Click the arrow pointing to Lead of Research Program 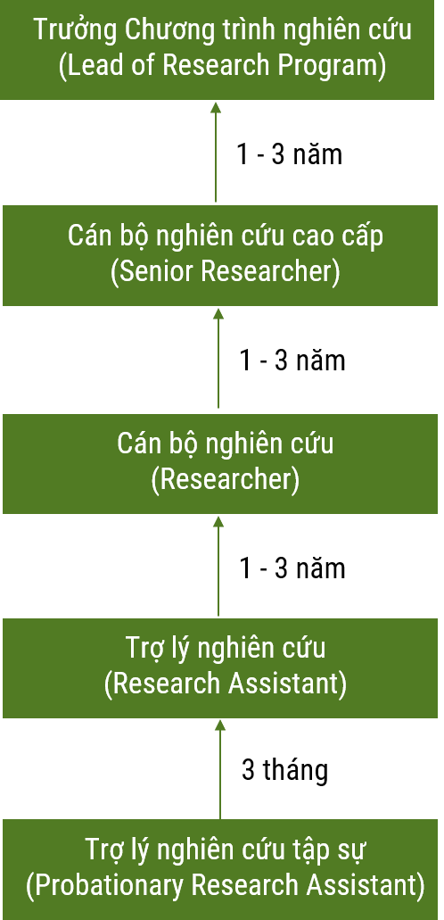[216, 152]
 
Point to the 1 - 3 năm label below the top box [290, 155]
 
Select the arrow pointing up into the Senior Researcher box [218, 358]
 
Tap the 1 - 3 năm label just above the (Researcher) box [292, 361]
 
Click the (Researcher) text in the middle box [226, 479]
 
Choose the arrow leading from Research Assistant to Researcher [218, 567]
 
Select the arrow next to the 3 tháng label [220, 769]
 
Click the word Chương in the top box [150, 30]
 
